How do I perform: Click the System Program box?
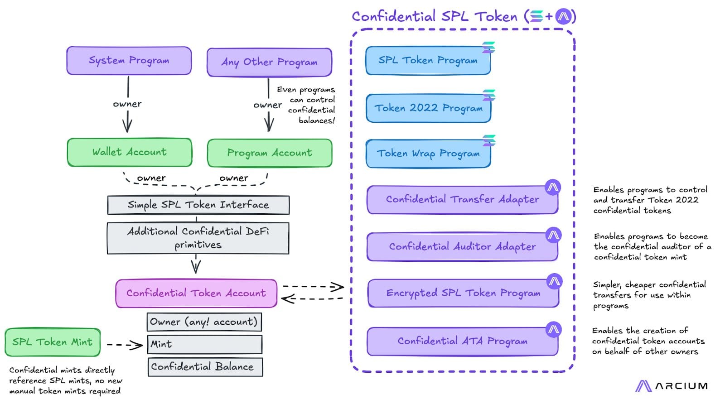(x=129, y=61)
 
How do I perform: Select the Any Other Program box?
(x=269, y=62)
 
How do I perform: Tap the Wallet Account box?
(x=130, y=152)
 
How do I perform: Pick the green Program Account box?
(x=270, y=153)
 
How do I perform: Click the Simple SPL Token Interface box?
(x=198, y=205)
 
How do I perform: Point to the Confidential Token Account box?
(x=196, y=293)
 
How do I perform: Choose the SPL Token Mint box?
(x=53, y=342)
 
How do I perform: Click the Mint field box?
(x=204, y=344)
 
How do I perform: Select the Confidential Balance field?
(x=205, y=367)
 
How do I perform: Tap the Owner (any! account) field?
(x=204, y=322)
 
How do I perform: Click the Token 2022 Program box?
(x=428, y=108)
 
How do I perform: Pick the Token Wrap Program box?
(x=428, y=154)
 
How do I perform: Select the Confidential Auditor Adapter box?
(x=462, y=246)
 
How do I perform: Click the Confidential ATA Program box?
(x=462, y=341)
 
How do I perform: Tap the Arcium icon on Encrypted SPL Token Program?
(x=554, y=281)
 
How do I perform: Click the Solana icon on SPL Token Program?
(x=488, y=47)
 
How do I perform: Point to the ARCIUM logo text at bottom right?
(x=681, y=386)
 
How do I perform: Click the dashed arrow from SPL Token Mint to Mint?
(x=125, y=345)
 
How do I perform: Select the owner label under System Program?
(x=127, y=104)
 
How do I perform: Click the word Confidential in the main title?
(x=394, y=16)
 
